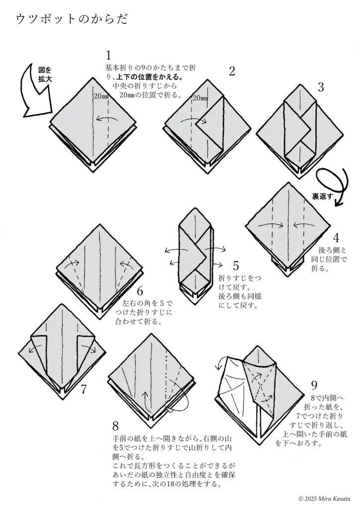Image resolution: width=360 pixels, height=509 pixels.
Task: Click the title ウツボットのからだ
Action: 72,19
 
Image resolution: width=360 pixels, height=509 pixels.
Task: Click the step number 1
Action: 109,56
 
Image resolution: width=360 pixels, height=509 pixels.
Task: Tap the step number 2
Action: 231,71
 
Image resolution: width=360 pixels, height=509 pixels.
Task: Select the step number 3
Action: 321,87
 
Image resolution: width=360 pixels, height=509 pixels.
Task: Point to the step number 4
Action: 336,238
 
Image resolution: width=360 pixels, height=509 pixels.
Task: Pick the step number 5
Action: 236,266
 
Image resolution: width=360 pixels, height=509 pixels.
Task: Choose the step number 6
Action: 140,291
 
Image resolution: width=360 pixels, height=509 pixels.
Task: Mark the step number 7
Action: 84,389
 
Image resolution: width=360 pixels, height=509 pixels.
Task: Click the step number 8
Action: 115,425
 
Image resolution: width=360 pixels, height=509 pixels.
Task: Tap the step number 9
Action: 314,385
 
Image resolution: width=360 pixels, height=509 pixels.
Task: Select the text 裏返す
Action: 323,196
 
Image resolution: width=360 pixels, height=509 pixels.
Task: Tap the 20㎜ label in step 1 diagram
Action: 100,96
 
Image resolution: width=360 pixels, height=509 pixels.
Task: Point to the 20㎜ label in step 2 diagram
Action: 200,98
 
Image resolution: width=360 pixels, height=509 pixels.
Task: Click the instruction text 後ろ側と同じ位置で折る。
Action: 329,259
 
